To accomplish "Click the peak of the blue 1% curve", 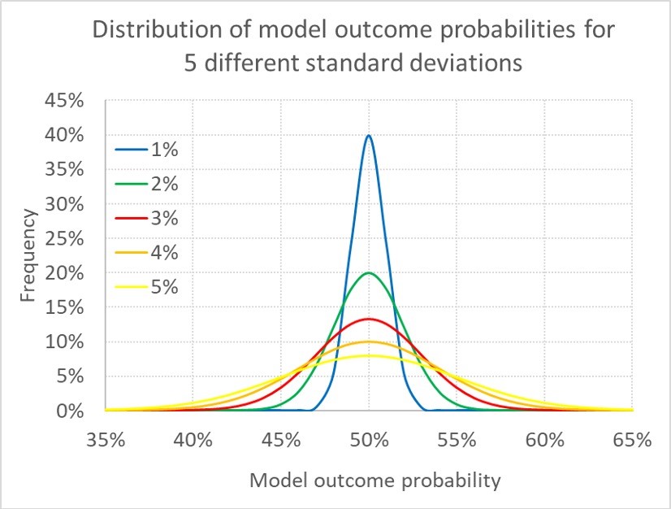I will (369, 136).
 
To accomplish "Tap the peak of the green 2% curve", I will (369, 273).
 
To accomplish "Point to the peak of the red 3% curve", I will (369, 319).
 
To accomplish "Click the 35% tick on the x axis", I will (106, 440).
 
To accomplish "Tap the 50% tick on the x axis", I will (369, 440).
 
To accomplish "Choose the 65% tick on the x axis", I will (632, 440).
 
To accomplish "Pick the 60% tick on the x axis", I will (544, 440).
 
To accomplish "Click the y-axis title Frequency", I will (29, 256).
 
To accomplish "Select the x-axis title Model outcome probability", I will (374, 481).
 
